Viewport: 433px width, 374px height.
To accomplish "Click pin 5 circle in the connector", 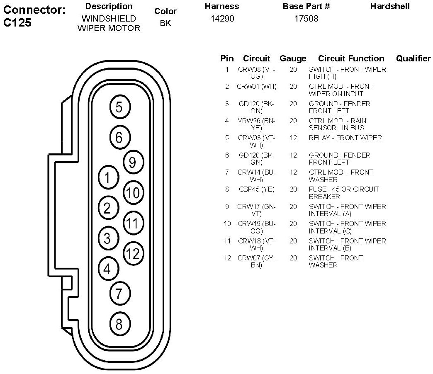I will pos(119,107).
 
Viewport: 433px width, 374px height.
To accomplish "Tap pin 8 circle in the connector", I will pos(119,324).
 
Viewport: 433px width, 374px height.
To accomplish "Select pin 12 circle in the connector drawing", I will pos(134,253).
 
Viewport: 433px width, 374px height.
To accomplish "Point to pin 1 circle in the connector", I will pos(107,178).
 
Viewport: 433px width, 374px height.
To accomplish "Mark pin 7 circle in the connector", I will pos(119,294).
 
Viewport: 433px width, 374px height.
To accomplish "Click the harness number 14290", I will pos(222,19).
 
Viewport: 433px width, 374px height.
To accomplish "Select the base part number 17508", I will pos(306,19).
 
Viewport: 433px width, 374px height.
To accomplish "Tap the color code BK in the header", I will pos(165,23).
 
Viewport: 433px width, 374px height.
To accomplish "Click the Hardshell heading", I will pos(390,6).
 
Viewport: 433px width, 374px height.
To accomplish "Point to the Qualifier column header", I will pos(413,58).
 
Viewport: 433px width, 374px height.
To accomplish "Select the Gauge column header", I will pos(293,58).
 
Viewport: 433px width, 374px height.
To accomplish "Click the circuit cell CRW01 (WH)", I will pos(257,86).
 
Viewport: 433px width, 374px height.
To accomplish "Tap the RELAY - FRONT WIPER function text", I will pos(345,138).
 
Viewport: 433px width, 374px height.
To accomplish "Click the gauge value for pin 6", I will pos(293,155).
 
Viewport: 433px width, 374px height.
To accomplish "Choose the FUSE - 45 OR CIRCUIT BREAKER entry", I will pos(344,193).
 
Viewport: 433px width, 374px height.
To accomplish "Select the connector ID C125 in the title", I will pos(17,23).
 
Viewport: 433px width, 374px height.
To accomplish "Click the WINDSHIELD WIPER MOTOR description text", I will pos(109,24).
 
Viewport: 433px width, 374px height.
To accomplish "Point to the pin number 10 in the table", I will pos(227,223).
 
